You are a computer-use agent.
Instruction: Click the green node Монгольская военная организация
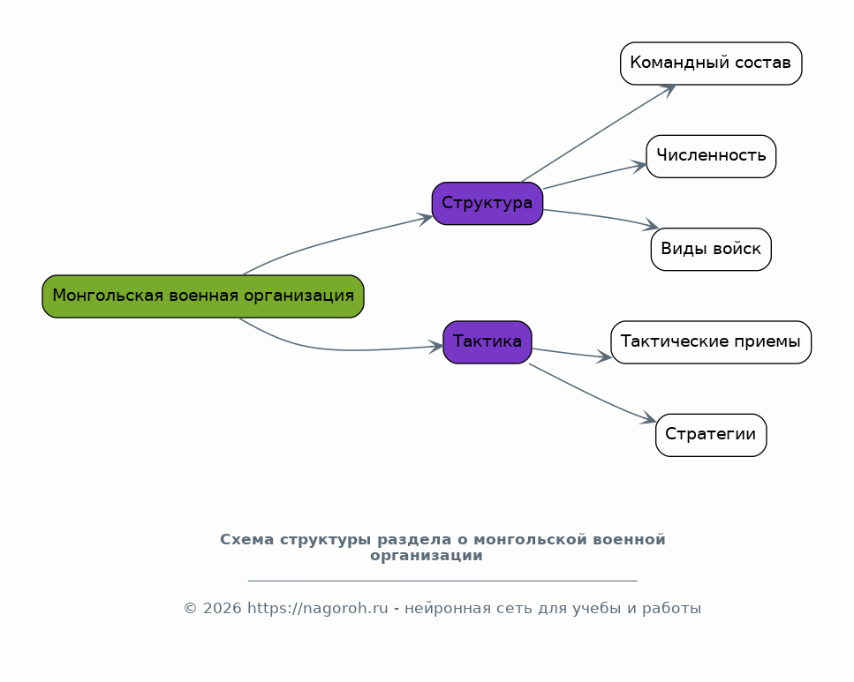[x=203, y=296]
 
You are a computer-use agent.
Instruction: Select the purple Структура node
[x=487, y=204]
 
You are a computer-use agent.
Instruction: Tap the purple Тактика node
[x=487, y=342]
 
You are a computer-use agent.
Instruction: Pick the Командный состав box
[x=711, y=64]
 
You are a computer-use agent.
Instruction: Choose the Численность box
[x=711, y=157]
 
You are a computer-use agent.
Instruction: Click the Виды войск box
[x=711, y=250]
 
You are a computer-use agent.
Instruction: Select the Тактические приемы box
[x=711, y=342]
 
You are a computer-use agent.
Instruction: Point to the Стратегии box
[x=711, y=435]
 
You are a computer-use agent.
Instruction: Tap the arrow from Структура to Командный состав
[x=599, y=133]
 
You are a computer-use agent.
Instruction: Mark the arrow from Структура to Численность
[x=594, y=176]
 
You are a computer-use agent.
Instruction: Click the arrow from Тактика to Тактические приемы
[x=572, y=353]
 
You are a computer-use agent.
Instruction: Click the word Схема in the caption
[x=246, y=539]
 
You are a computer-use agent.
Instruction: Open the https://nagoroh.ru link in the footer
[x=318, y=608]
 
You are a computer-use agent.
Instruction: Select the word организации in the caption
[x=427, y=556]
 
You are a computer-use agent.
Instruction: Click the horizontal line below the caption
[x=442, y=581]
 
